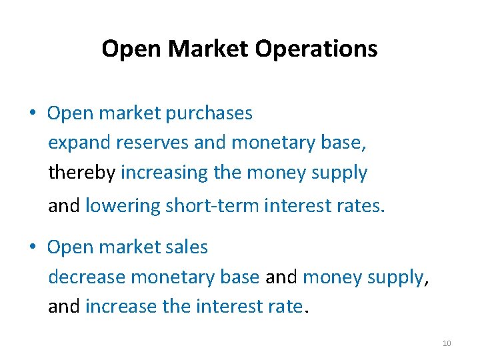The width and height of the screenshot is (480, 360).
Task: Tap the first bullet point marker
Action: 32,113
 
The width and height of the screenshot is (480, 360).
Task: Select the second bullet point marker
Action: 32,247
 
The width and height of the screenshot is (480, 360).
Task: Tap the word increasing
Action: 165,173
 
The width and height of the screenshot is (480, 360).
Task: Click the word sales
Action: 188,247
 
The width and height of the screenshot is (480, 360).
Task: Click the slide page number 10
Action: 447,343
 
